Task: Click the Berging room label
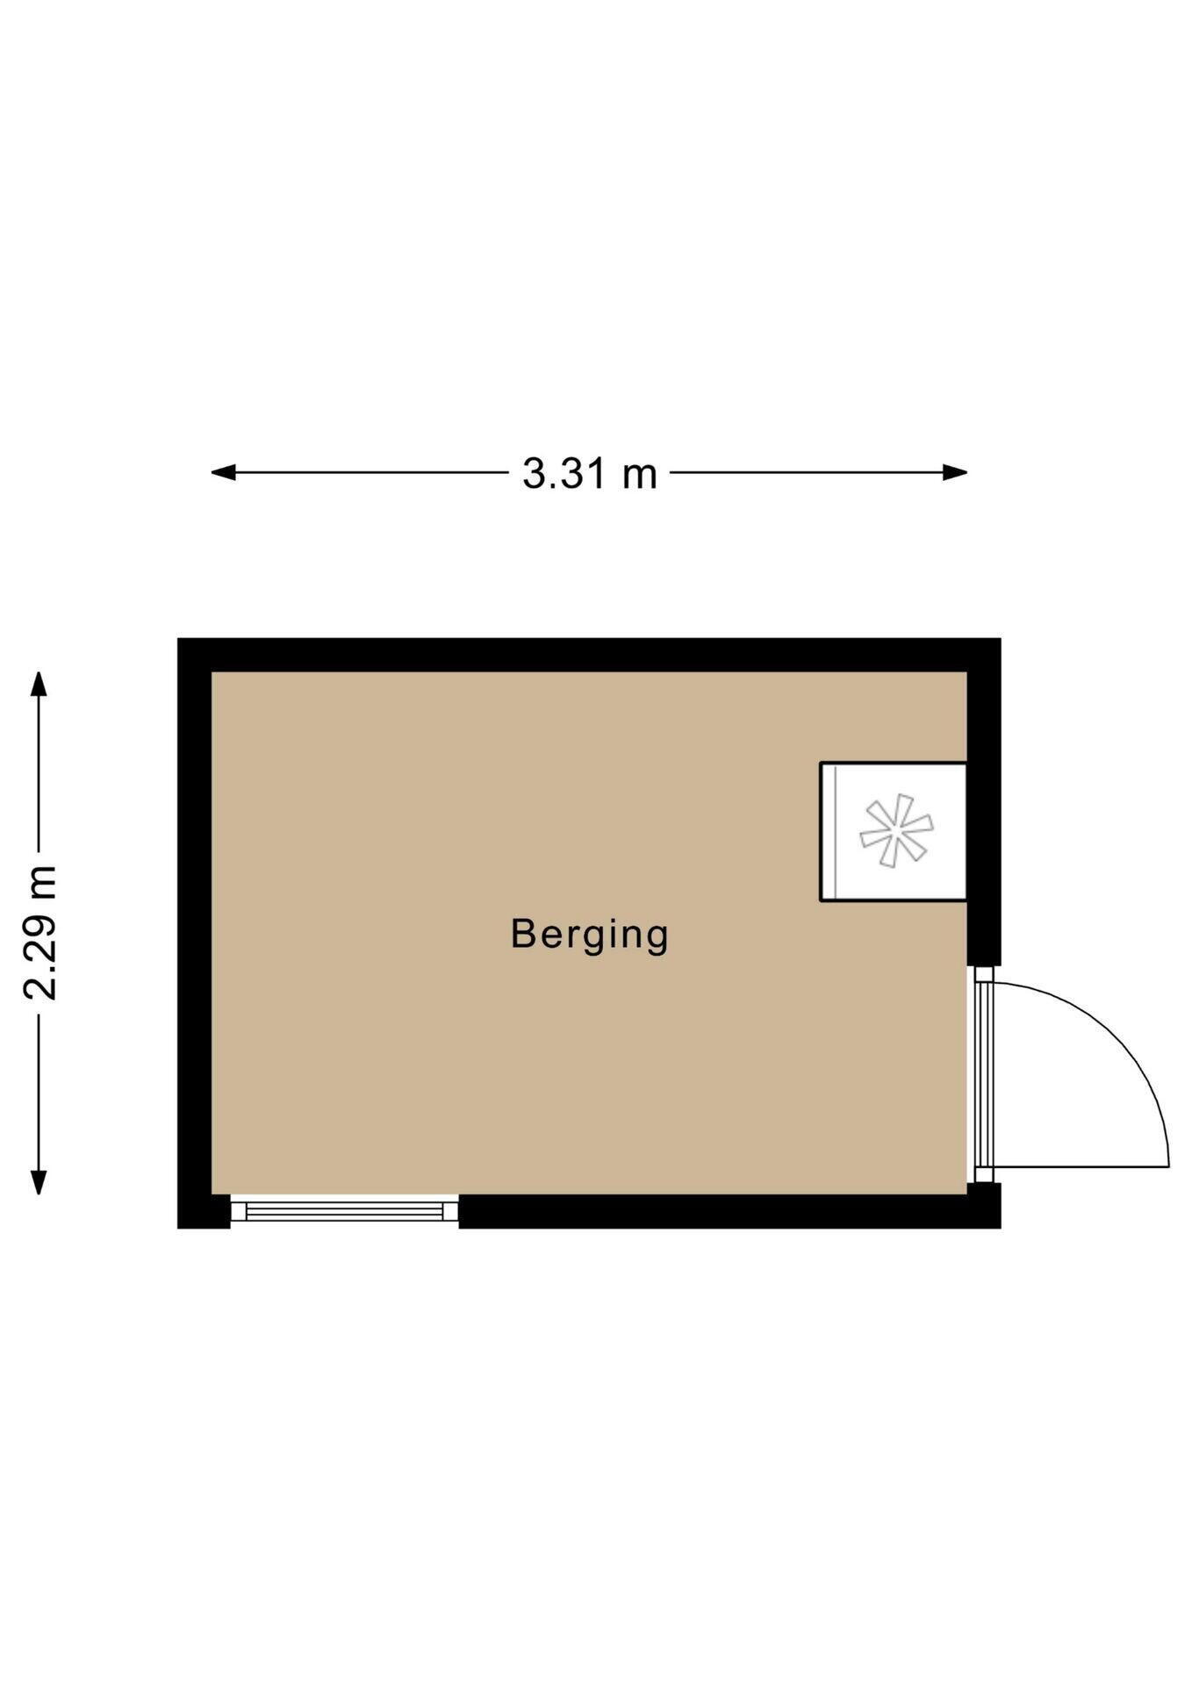pyautogui.click(x=589, y=936)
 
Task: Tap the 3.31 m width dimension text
pyautogui.click(x=589, y=474)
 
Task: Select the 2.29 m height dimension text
pyautogui.click(x=40, y=932)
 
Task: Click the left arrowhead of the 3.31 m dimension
pyautogui.click(x=224, y=472)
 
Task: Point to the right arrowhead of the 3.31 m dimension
pyautogui.click(x=955, y=472)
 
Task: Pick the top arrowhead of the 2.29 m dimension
pyautogui.click(x=38, y=684)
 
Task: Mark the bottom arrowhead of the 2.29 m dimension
pyautogui.click(x=38, y=1182)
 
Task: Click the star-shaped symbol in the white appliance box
pyautogui.click(x=895, y=831)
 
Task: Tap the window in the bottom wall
pyautogui.click(x=344, y=1212)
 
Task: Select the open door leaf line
pyautogui.click(x=1081, y=1166)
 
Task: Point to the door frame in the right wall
pyautogui.click(x=983, y=1074)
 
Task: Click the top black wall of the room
pyautogui.click(x=589, y=655)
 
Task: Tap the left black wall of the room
pyautogui.click(x=194, y=933)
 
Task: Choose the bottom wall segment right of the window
pyautogui.click(x=729, y=1212)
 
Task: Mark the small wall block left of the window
pyautogui.click(x=204, y=1212)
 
